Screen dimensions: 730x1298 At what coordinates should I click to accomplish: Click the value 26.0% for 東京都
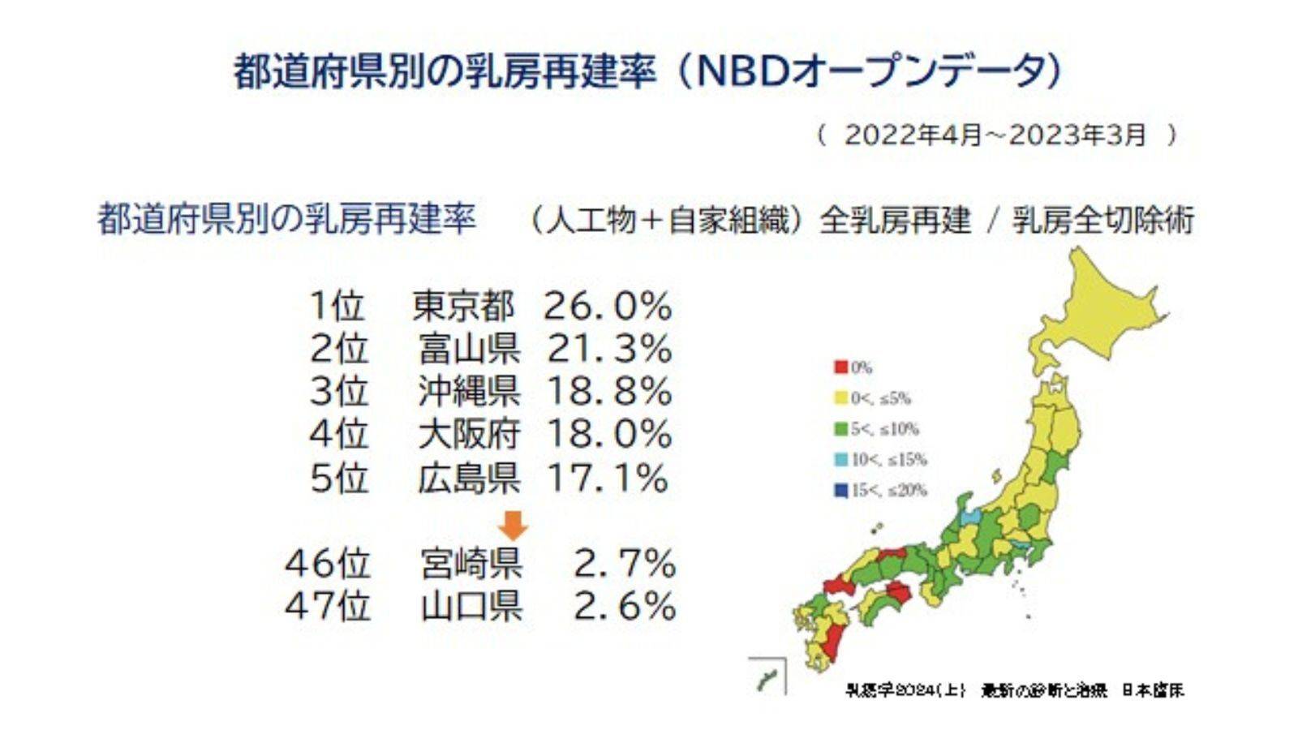[x=608, y=307]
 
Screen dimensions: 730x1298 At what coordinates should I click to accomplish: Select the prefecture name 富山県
[x=469, y=349]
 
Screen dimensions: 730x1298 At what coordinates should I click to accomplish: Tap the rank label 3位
[x=338, y=392]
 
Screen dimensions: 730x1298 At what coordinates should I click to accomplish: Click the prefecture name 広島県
[x=469, y=478]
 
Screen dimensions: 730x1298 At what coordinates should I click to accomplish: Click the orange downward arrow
[x=513, y=525]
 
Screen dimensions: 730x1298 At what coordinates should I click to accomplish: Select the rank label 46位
[x=327, y=563]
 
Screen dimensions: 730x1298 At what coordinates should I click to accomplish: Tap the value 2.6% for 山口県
[x=624, y=606]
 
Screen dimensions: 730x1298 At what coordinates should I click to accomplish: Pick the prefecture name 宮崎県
[x=471, y=563]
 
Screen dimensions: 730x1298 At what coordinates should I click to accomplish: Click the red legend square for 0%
[x=840, y=367]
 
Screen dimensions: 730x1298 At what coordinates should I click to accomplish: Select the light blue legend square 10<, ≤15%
[x=840, y=460]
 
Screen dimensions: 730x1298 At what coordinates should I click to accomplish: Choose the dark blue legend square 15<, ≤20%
[x=840, y=491]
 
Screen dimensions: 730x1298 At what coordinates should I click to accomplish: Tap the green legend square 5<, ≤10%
[x=840, y=429]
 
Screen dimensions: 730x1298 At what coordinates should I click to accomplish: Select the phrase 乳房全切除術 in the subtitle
[x=1103, y=221]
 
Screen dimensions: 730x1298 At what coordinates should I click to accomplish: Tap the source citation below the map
[x=1014, y=691]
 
